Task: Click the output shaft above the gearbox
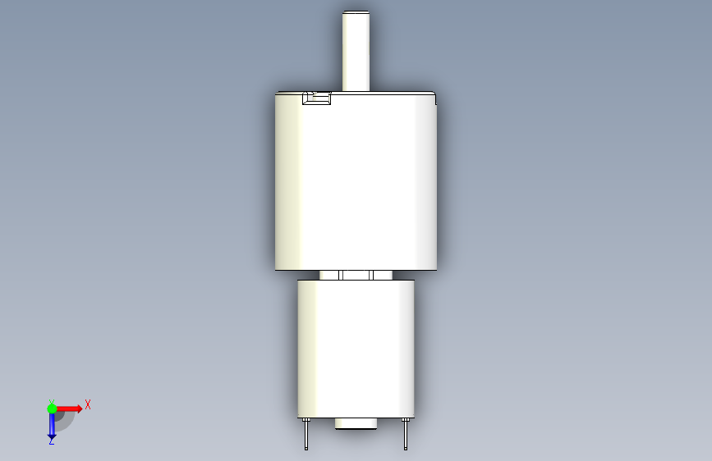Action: (x=356, y=51)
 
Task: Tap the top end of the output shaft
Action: (x=356, y=11)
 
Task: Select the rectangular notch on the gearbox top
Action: (x=316, y=98)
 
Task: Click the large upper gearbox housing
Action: (x=356, y=181)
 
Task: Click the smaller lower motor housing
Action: (x=356, y=349)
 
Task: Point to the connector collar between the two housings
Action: (x=356, y=275)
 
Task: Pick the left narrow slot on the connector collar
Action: (x=341, y=275)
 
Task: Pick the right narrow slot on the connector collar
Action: (x=371, y=275)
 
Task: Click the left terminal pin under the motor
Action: (x=306, y=434)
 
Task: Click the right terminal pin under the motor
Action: (x=406, y=434)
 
